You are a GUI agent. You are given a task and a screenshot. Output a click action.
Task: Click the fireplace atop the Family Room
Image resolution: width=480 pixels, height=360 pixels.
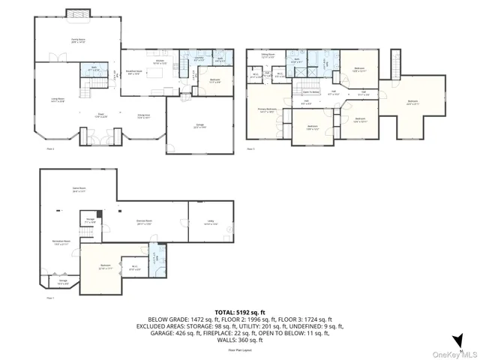pyautogui.click(x=77, y=13)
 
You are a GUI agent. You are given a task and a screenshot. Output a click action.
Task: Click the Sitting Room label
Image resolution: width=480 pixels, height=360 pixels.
pyautogui.click(x=268, y=56)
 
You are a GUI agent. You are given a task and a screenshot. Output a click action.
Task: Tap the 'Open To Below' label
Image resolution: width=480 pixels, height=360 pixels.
pyautogui.click(x=312, y=91)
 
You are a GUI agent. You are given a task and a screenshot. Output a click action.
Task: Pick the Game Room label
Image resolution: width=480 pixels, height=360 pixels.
pyautogui.click(x=77, y=190)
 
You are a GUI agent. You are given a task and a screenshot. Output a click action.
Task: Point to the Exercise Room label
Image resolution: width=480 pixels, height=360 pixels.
pyautogui.click(x=144, y=222)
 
